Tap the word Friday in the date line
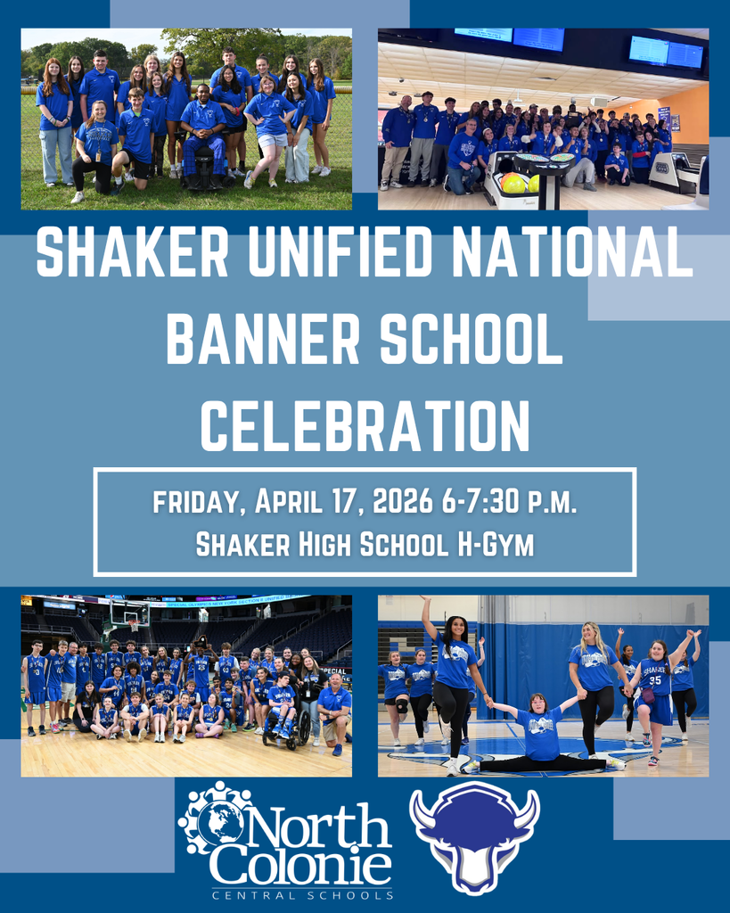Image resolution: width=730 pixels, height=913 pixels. (x=199, y=502)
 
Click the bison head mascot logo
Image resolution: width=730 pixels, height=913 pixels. (x=474, y=835)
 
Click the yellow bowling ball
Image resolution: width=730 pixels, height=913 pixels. (x=513, y=183)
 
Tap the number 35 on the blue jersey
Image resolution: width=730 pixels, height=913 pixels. (x=655, y=679)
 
